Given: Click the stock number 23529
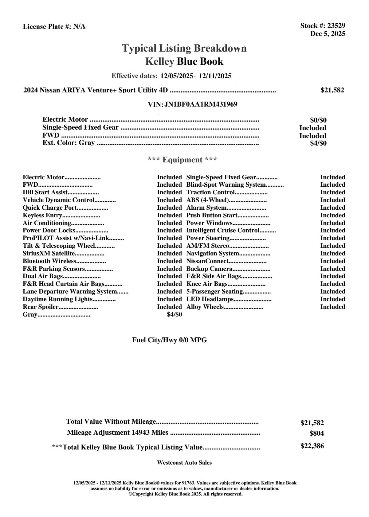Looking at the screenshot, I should [336, 26].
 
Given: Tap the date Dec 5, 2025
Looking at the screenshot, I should [328, 34].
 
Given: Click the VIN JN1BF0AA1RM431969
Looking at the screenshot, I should [201, 104].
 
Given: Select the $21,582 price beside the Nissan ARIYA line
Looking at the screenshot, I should [332, 90].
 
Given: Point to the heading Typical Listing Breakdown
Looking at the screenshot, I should [184, 48].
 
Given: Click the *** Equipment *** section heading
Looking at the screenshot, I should [183, 160].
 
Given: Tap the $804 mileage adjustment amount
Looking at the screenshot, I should [316, 433].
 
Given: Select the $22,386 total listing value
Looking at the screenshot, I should [312, 446].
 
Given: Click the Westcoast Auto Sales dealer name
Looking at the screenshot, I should [184, 463].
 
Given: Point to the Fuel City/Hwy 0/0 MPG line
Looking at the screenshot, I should [170, 340].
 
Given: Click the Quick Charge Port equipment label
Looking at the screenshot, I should [49, 208].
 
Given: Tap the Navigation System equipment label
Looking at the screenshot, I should [213, 254].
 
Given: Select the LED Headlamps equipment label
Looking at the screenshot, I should [210, 299].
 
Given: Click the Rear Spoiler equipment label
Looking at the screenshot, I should [41, 307].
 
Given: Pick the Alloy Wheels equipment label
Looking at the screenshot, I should [205, 307].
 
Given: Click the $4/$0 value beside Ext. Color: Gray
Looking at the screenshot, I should [318, 143].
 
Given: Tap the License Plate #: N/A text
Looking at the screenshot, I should [54, 27].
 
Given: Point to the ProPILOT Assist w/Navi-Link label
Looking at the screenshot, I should [66, 238].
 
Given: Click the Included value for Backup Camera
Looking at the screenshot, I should [332, 269].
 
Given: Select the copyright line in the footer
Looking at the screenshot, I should [186, 494].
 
